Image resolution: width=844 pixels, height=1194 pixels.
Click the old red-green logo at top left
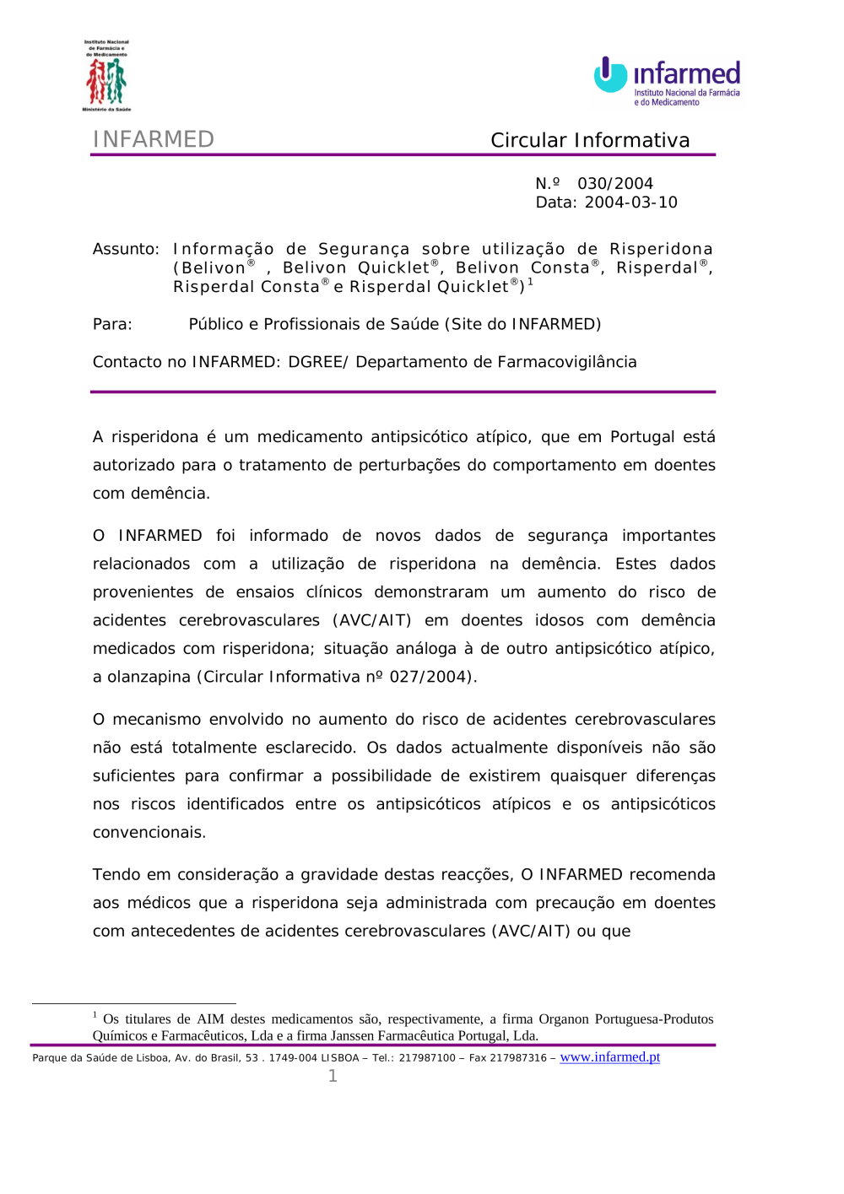coord(106,77)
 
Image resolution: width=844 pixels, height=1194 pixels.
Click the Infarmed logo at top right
coord(667,81)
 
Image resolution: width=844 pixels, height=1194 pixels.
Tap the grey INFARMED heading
coord(153,139)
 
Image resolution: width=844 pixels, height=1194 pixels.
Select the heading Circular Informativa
coord(590,140)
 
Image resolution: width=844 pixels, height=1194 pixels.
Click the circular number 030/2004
coord(614,184)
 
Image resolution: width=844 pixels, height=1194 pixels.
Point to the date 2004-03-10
coord(630,203)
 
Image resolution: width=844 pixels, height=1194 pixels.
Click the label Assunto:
coord(126,250)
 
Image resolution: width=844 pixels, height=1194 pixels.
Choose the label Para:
coord(112,325)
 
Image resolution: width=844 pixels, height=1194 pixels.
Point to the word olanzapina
coord(149,678)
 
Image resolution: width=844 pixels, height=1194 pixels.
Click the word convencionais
coord(149,833)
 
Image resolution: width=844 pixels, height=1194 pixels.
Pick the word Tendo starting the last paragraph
coord(117,875)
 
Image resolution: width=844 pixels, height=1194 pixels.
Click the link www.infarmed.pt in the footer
coord(609,1057)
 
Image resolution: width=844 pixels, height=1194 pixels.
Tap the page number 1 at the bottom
coord(333,1076)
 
